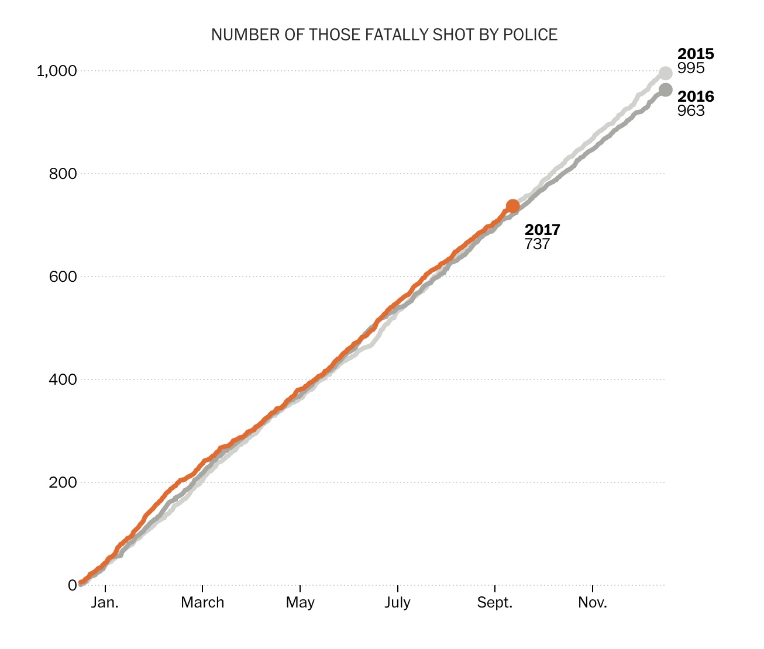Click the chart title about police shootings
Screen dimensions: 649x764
(384, 35)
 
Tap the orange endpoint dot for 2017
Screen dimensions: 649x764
(512, 206)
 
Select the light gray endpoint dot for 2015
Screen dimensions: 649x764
(665, 73)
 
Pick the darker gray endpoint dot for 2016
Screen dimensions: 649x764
(665, 89)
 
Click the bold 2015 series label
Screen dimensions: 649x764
(696, 54)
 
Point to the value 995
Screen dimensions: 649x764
(691, 68)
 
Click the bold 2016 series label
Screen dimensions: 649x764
(696, 96)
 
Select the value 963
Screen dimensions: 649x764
(691, 111)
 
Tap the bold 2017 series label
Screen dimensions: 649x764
(542, 230)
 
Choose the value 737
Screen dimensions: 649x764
(537, 244)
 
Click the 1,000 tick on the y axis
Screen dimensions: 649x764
(57, 71)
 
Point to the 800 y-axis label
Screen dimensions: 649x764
(63, 174)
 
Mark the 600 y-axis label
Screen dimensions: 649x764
(63, 277)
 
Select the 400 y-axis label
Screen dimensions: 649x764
(63, 379)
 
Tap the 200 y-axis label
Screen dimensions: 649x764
(63, 482)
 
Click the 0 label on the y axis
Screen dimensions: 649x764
(73, 585)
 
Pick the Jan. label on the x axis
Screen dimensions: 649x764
(105, 603)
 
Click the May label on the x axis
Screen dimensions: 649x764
(300, 603)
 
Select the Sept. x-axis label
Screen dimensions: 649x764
(495, 603)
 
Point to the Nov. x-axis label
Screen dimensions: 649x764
(593, 603)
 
